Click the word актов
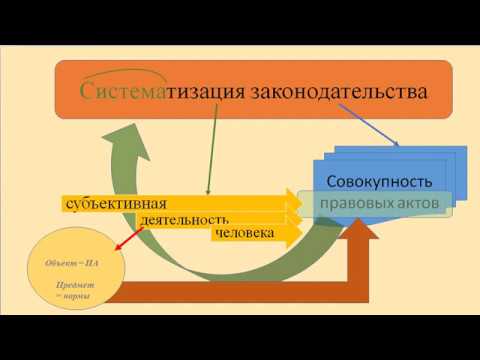click(418, 203)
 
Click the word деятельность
click(186, 219)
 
